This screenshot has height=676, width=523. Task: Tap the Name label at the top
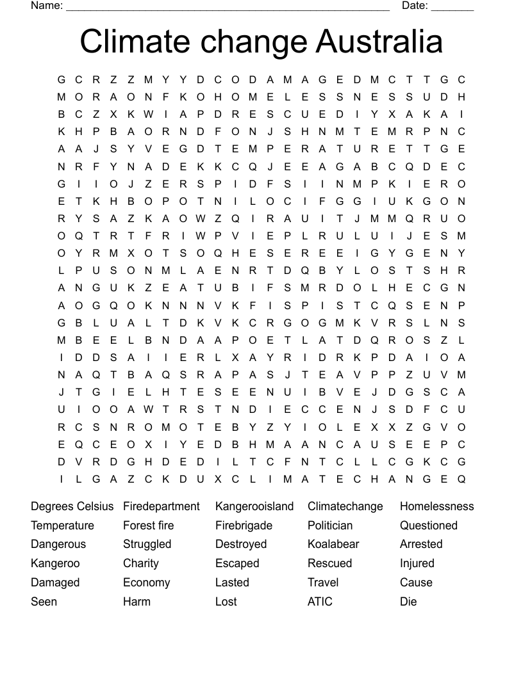click(46, 6)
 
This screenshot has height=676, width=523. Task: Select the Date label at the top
click(415, 6)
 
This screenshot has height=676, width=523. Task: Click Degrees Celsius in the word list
click(72, 506)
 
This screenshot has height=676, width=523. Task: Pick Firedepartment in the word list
click(162, 506)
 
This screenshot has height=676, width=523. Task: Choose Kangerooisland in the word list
click(254, 506)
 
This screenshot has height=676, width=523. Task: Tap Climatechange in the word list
click(345, 506)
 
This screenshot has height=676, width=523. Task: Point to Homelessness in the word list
click(436, 506)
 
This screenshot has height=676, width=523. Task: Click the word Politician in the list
click(330, 526)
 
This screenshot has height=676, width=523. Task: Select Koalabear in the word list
click(333, 544)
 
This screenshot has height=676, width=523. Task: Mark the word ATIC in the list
click(320, 602)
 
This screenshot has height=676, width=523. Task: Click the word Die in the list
click(408, 602)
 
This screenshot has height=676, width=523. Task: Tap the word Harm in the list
click(137, 602)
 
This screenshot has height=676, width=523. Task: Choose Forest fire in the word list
click(148, 526)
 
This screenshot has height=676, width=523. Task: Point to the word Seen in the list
click(44, 602)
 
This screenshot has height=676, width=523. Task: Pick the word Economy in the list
click(146, 583)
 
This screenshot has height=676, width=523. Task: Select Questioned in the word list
click(428, 526)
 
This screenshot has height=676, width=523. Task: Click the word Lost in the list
click(226, 602)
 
